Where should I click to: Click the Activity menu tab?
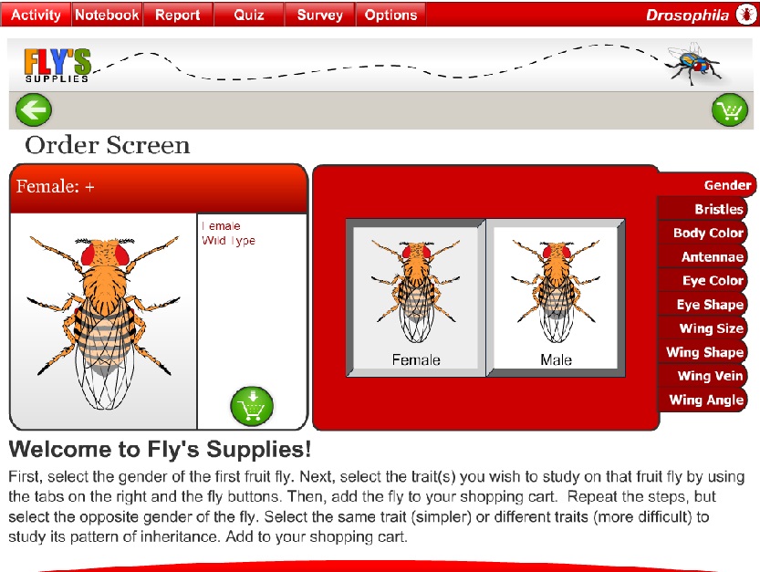36,15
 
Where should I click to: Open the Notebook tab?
107,15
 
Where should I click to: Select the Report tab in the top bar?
178,15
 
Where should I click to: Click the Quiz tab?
249,15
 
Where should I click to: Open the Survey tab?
320,15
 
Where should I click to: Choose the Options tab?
390,15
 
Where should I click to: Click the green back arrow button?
34,110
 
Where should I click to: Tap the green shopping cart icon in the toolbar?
729,110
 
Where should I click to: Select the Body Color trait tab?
708,234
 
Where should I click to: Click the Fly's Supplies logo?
57,65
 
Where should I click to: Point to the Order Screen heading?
108,145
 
